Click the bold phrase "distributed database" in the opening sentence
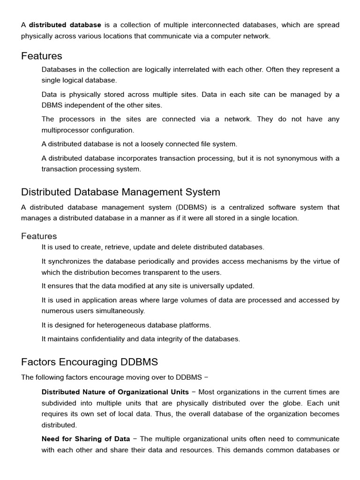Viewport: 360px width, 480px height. point(65,25)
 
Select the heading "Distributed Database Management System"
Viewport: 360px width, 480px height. point(120,192)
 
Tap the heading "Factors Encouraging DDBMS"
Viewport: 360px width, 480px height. point(90,362)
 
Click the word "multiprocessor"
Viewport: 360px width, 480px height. point(64,130)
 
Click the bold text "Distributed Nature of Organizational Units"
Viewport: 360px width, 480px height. point(115,392)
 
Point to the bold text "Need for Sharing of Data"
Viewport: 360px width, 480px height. point(86,439)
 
